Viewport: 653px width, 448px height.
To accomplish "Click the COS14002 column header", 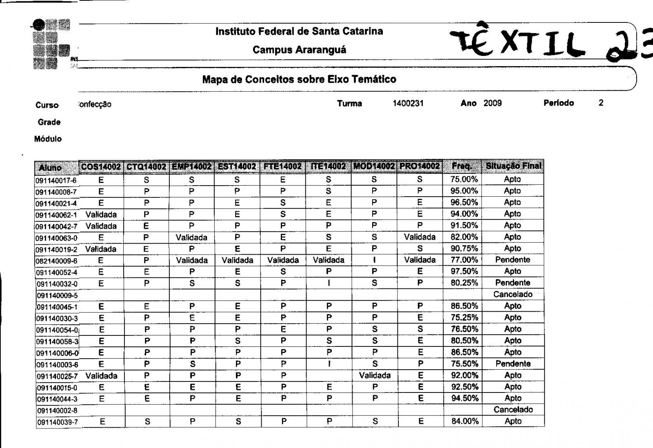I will coord(101,166).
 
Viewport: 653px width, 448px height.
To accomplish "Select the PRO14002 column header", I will coord(420,166).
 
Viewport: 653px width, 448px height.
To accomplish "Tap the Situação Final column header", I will coord(513,166).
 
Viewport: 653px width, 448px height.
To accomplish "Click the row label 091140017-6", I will coord(56,180).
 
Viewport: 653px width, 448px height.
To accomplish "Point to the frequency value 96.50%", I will coord(464,202).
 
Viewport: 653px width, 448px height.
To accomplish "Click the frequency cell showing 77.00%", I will coord(464,260).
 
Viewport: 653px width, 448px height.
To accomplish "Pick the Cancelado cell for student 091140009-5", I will coord(513,294).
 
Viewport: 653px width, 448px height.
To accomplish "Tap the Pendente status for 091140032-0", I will coord(513,283).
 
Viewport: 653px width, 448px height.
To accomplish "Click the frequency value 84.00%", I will coord(465,421).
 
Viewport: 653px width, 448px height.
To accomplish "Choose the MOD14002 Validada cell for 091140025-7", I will coord(375,375).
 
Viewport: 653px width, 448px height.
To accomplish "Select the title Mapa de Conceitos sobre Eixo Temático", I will coord(299,79).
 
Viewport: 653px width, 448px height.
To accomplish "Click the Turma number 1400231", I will coord(408,104).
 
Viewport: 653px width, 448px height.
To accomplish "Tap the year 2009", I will coord(493,103).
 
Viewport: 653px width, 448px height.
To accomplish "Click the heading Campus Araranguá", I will coord(299,50).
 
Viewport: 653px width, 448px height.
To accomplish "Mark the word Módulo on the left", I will coord(48,139).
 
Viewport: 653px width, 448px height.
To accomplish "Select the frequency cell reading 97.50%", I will coord(464,271).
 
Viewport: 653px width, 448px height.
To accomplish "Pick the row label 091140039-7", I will coord(57,422).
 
